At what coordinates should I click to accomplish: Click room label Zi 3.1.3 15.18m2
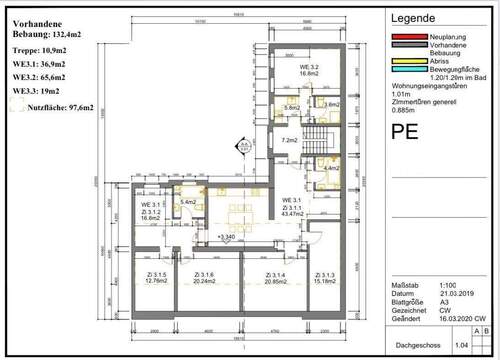tap(324, 279)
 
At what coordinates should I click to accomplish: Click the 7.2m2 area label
tap(290, 140)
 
